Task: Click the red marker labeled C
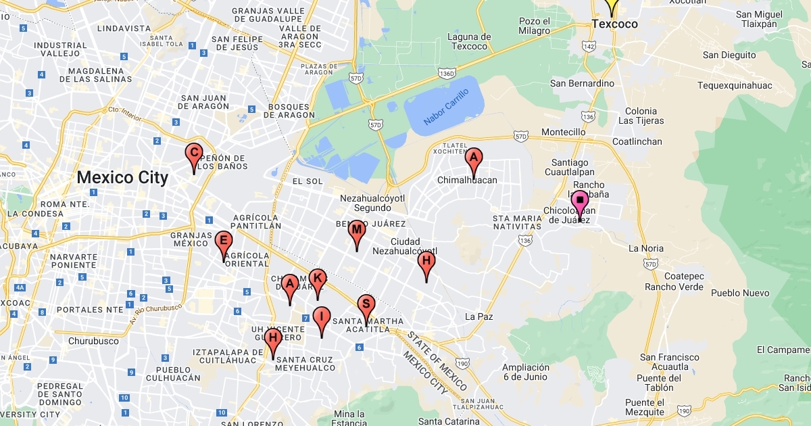(x=194, y=154)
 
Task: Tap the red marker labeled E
(x=224, y=241)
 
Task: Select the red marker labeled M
(x=357, y=231)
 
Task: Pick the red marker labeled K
(x=318, y=279)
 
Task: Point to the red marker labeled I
(x=322, y=317)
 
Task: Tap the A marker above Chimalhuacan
(x=474, y=160)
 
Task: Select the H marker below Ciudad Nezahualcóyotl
(x=426, y=262)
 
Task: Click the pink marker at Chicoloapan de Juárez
(x=580, y=202)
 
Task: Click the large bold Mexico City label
(x=122, y=178)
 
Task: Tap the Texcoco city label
(x=614, y=24)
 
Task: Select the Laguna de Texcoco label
(x=469, y=41)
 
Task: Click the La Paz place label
(x=479, y=316)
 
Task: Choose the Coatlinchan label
(x=637, y=142)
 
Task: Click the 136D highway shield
(x=446, y=73)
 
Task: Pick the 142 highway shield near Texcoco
(x=588, y=47)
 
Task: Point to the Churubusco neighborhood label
(x=93, y=341)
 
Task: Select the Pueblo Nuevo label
(x=740, y=293)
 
